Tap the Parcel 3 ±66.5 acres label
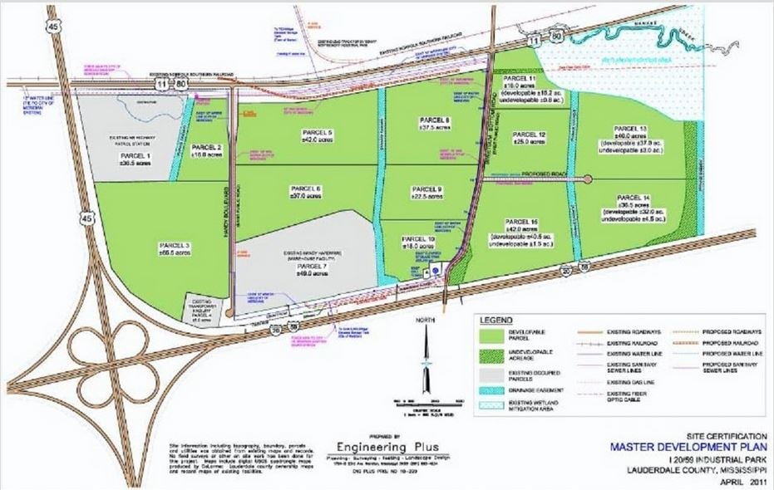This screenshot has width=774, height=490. (154, 249)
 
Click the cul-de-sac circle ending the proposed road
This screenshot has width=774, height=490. (589, 179)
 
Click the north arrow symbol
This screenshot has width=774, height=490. (425, 353)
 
